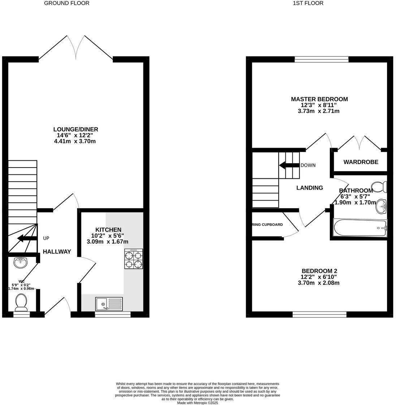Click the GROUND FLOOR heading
click(66, 3)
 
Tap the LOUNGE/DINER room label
click(76, 129)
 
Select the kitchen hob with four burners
click(133, 259)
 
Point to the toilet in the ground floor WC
click(21, 302)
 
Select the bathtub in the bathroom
click(360, 228)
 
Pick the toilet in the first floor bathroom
click(379, 187)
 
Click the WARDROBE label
click(361, 162)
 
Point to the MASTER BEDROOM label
click(319, 99)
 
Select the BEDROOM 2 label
click(319, 271)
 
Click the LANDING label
click(309, 187)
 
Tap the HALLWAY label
click(57, 252)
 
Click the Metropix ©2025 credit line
click(197, 402)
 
